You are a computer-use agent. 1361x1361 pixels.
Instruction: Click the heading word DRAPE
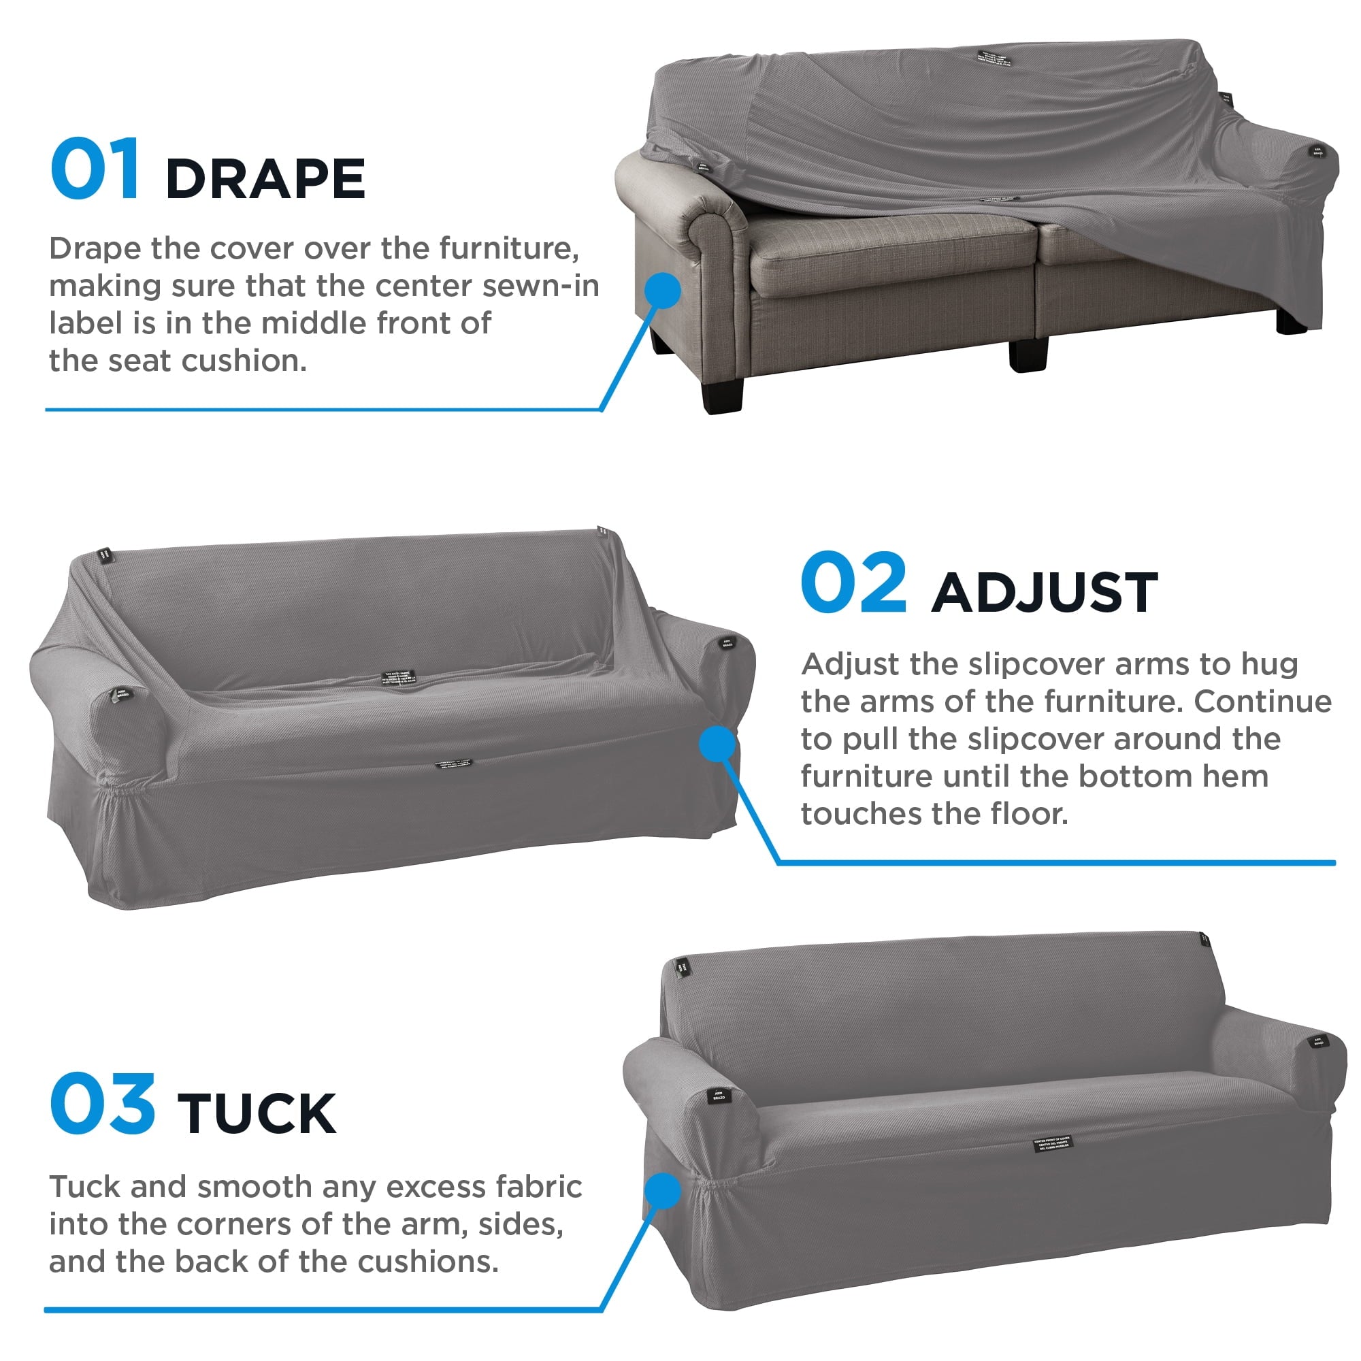tap(265, 179)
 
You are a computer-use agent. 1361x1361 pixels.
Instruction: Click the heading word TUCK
tap(257, 1114)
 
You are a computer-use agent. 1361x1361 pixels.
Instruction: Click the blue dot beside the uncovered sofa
tap(662, 291)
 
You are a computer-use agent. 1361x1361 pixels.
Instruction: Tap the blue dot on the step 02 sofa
tap(717, 744)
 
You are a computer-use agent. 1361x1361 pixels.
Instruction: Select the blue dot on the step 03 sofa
tap(662, 1190)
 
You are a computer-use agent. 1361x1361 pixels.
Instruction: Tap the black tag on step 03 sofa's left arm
tap(718, 1096)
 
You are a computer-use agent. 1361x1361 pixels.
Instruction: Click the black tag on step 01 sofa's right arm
tap(1317, 151)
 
